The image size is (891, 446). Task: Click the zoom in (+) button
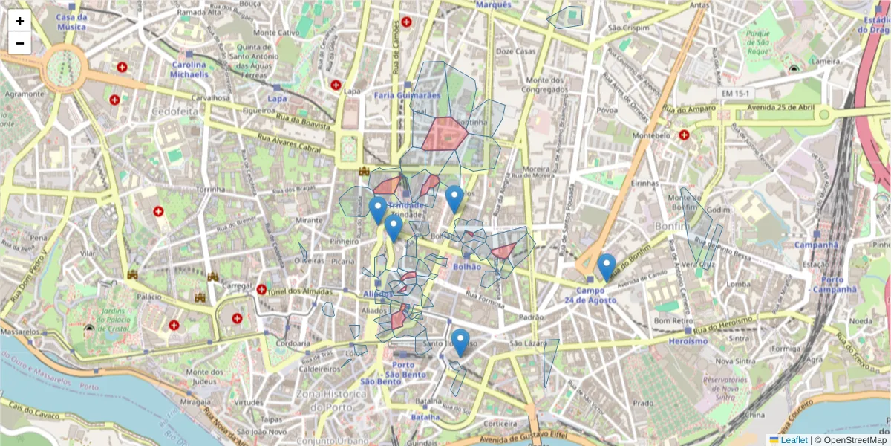coord(20,21)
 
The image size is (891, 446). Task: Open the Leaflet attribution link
coord(794,440)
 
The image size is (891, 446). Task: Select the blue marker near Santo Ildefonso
coord(460,343)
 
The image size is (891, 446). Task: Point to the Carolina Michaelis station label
coord(189,70)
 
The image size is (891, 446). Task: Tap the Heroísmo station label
coord(688,341)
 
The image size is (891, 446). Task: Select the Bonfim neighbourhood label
coord(674,225)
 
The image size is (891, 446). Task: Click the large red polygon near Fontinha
coord(444,133)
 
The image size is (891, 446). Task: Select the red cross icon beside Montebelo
coord(684,135)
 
